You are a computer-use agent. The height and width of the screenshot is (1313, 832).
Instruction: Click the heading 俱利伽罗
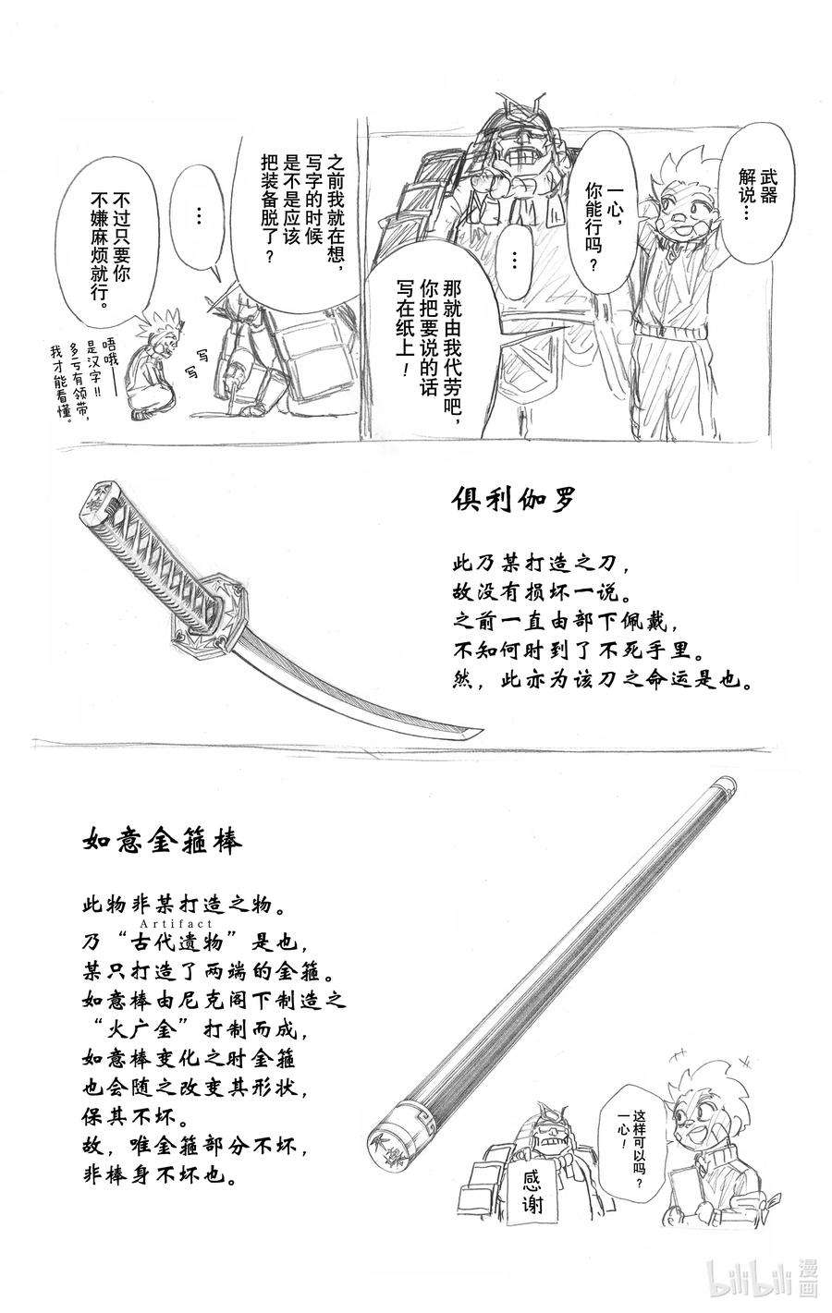[x=514, y=500]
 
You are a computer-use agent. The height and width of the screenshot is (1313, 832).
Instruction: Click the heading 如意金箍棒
[x=161, y=843]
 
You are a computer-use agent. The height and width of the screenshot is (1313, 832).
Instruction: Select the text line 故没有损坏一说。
[x=537, y=592]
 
